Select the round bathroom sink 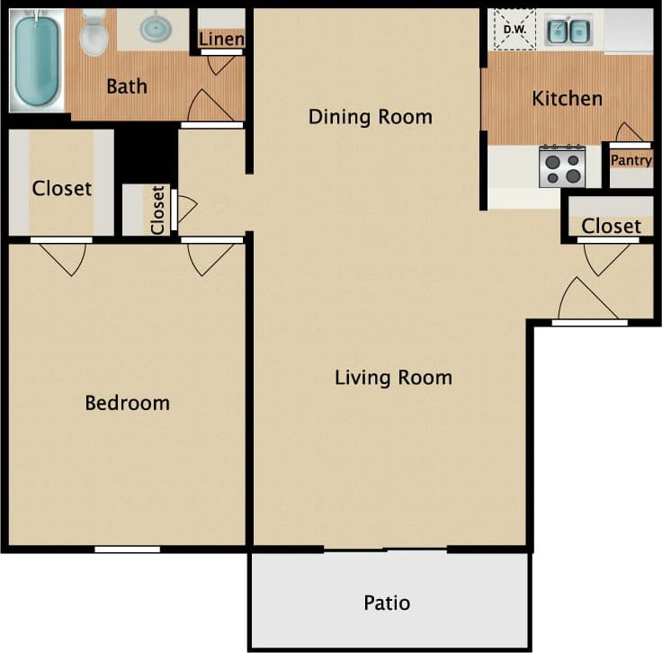(x=157, y=29)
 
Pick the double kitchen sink (x=568, y=31)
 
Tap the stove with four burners (x=562, y=166)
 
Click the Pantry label (x=631, y=161)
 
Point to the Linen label (x=221, y=39)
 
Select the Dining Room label (x=370, y=117)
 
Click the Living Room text (x=393, y=377)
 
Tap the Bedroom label (x=127, y=402)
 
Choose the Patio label (x=387, y=603)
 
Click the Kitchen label (x=567, y=98)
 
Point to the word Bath (x=126, y=87)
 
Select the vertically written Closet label (x=158, y=210)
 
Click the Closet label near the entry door (x=611, y=226)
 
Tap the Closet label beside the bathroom (x=61, y=188)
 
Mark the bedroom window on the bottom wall (x=127, y=549)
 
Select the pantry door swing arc (x=630, y=132)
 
